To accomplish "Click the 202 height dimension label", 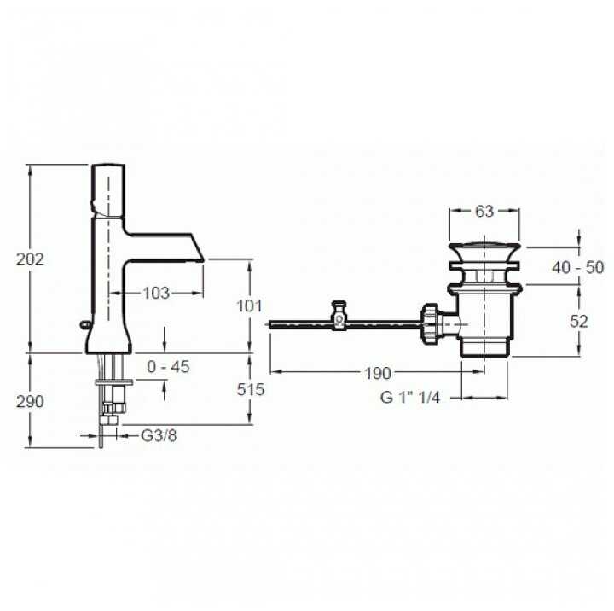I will [x=31, y=259].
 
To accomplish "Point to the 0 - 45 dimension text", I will [x=168, y=367].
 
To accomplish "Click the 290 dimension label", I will [x=31, y=401].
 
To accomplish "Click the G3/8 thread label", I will [x=158, y=435].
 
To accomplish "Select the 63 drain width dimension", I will [x=484, y=212].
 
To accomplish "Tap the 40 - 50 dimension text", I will [x=577, y=267].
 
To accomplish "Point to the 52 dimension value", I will [x=579, y=321].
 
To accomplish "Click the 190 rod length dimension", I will [x=377, y=373].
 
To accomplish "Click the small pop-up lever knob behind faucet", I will [x=82, y=323].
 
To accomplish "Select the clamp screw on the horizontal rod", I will [x=339, y=314].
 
